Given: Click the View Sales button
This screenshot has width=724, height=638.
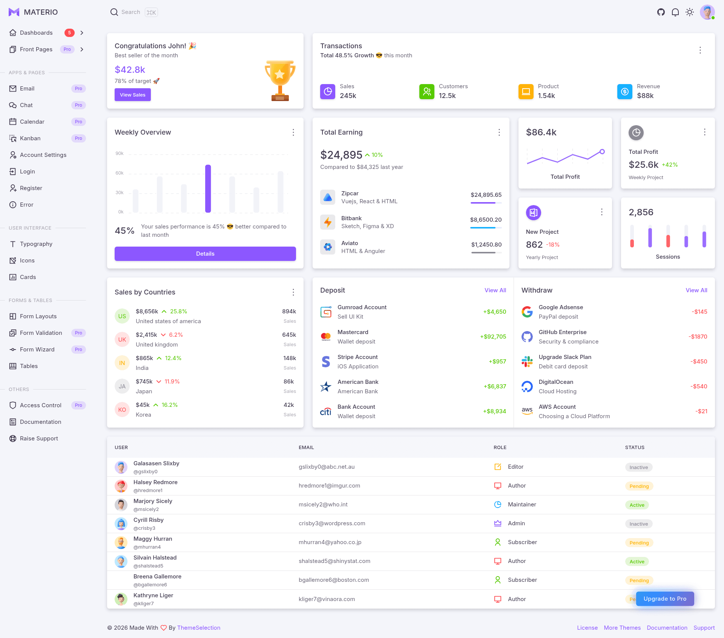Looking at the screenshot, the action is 132,95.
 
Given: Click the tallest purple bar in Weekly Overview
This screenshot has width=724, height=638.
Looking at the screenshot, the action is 208,189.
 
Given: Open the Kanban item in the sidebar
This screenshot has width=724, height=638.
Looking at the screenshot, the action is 30,138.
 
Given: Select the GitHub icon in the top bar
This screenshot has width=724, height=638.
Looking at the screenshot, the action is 661,12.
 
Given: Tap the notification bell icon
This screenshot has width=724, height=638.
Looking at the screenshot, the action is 675,12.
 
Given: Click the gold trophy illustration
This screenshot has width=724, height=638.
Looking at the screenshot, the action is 280,80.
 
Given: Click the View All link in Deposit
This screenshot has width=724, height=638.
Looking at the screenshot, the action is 495,290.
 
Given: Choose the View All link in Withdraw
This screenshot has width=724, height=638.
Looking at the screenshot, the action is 696,290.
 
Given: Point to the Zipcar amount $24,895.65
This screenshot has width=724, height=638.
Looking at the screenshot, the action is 486,195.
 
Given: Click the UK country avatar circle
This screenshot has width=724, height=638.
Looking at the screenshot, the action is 122,339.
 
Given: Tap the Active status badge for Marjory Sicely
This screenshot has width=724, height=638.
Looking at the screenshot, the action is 637,505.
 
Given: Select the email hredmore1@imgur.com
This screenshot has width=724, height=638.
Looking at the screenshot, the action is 329,486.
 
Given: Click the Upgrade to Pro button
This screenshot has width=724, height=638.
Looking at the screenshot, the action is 665,599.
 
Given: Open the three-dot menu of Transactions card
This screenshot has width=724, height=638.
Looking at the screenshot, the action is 700,50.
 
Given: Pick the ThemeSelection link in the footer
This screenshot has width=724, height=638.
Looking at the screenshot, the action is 199,628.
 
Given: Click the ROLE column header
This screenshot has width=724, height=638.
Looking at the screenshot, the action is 500,448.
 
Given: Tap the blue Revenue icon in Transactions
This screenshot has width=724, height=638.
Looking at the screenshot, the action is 624,91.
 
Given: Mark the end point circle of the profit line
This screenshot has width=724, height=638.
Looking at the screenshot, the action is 602,152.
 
